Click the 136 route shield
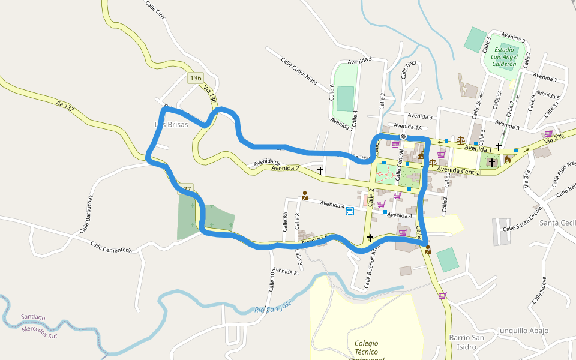pyautogui.click(x=196, y=78)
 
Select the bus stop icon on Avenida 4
pyautogui.click(x=349, y=211)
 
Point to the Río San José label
pyautogui.click(x=273, y=307)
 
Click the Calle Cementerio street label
pyautogui.click(x=111, y=247)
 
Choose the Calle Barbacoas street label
pyautogui.click(x=87, y=214)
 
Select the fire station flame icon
pyautogui.click(x=508, y=160)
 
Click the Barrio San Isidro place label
pyautogui.click(x=467, y=342)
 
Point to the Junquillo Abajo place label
pyautogui.click(x=523, y=331)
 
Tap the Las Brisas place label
pyautogui.click(x=172, y=125)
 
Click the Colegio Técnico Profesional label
pyautogui.click(x=367, y=351)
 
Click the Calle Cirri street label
pyautogui.click(x=155, y=10)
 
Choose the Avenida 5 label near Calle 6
pyautogui.click(x=359, y=59)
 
